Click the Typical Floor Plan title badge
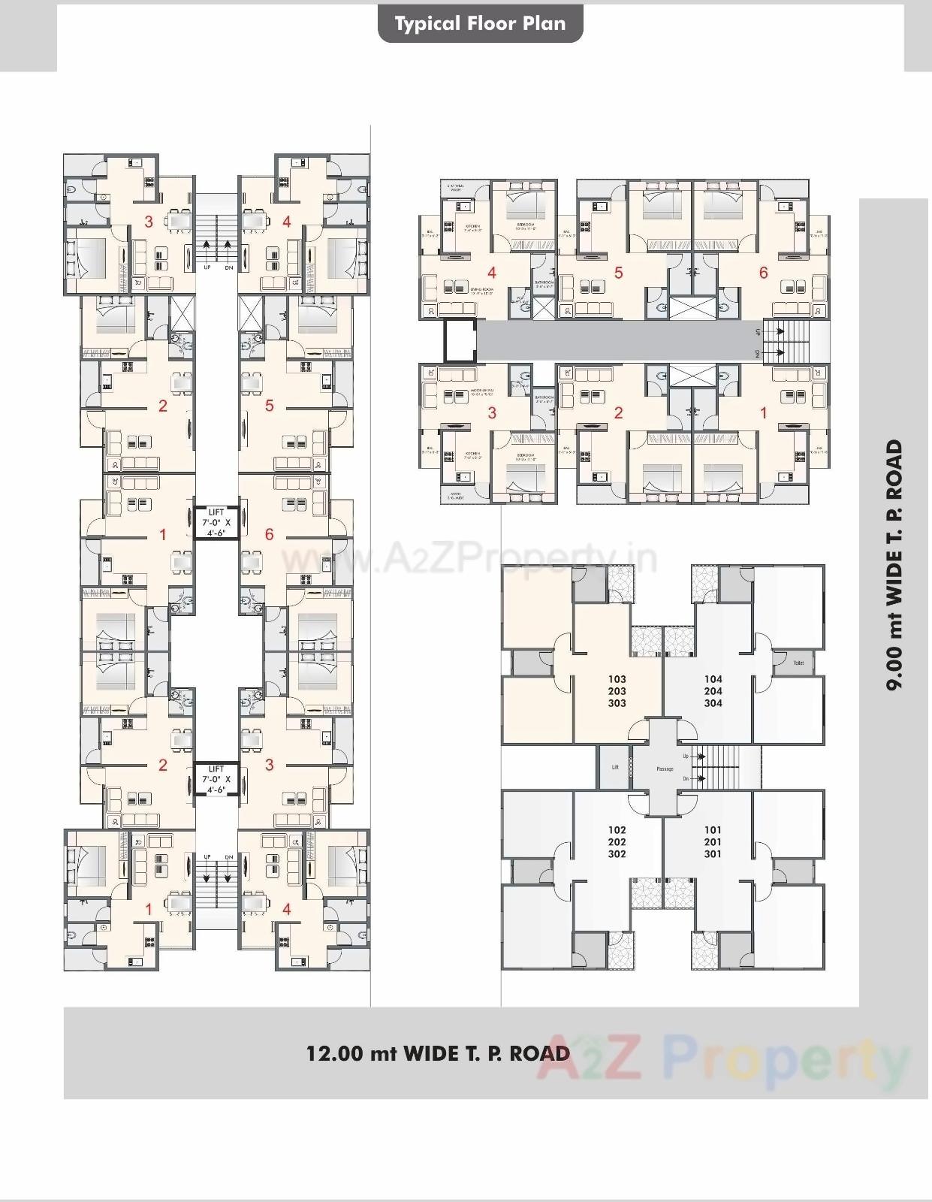pos(480,24)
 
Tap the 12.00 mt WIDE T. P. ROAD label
pos(438,1053)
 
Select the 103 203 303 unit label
pos(617,691)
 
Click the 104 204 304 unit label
pos(713,691)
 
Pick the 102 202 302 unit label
pos(617,842)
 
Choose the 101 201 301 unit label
pos(713,842)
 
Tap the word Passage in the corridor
pos(665,769)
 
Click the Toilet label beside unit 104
pos(798,663)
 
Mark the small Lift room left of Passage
pos(615,767)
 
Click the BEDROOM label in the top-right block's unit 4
pos(525,225)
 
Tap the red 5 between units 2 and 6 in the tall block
pos(270,406)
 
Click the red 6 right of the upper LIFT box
pos(270,535)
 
